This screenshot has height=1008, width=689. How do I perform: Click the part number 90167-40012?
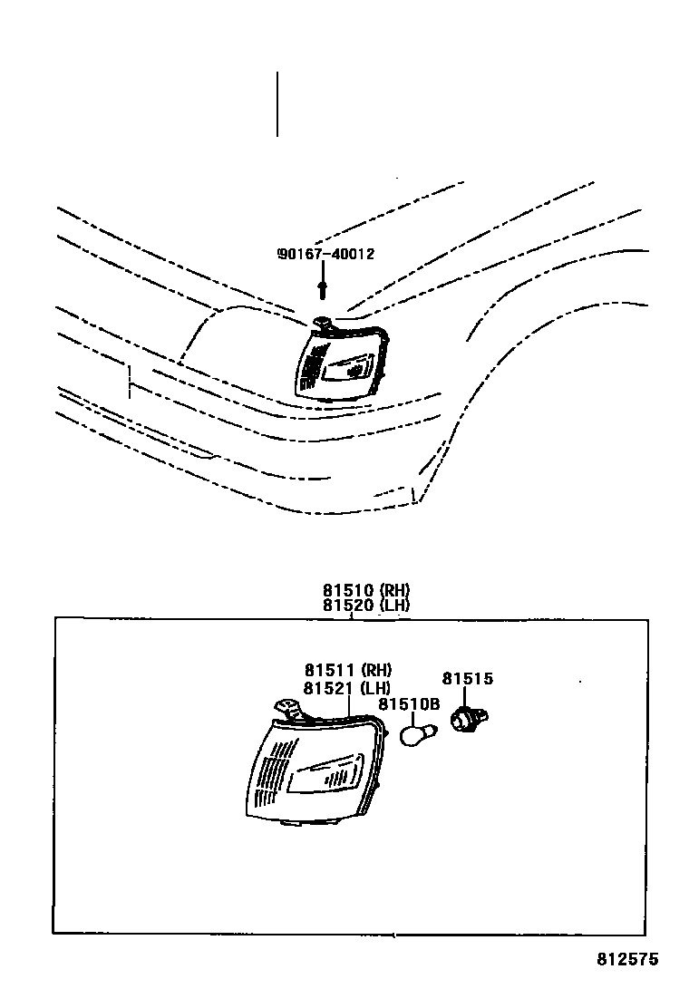(325, 255)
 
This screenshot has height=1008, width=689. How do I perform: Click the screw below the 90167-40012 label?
(323, 289)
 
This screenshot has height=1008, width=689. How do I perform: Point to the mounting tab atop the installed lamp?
(321, 321)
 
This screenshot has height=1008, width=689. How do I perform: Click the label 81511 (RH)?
(348, 671)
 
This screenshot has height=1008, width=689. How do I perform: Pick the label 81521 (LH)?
(348, 688)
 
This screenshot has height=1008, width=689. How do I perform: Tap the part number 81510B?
(409, 704)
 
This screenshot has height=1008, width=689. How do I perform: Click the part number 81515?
(468, 679)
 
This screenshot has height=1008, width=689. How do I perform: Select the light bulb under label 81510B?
(418, 732)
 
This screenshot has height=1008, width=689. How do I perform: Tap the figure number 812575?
(627, 958)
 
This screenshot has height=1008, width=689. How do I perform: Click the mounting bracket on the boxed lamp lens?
(288, 708)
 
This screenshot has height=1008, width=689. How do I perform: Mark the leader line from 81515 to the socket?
(466, 699)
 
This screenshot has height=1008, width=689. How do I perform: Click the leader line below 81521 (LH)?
(350, 707)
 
